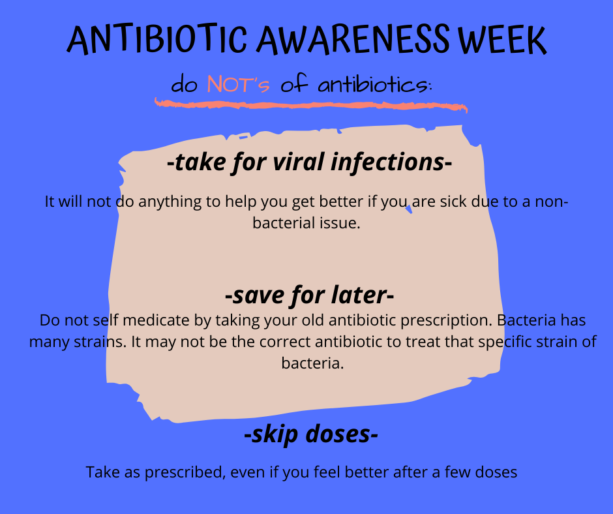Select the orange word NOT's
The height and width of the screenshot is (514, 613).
point(238,83)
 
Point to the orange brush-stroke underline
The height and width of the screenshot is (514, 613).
point(311,105)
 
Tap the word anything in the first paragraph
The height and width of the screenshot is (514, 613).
point(170,202)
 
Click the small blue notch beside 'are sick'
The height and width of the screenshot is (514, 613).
point(409,209)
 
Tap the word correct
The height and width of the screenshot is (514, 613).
point(285,342)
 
